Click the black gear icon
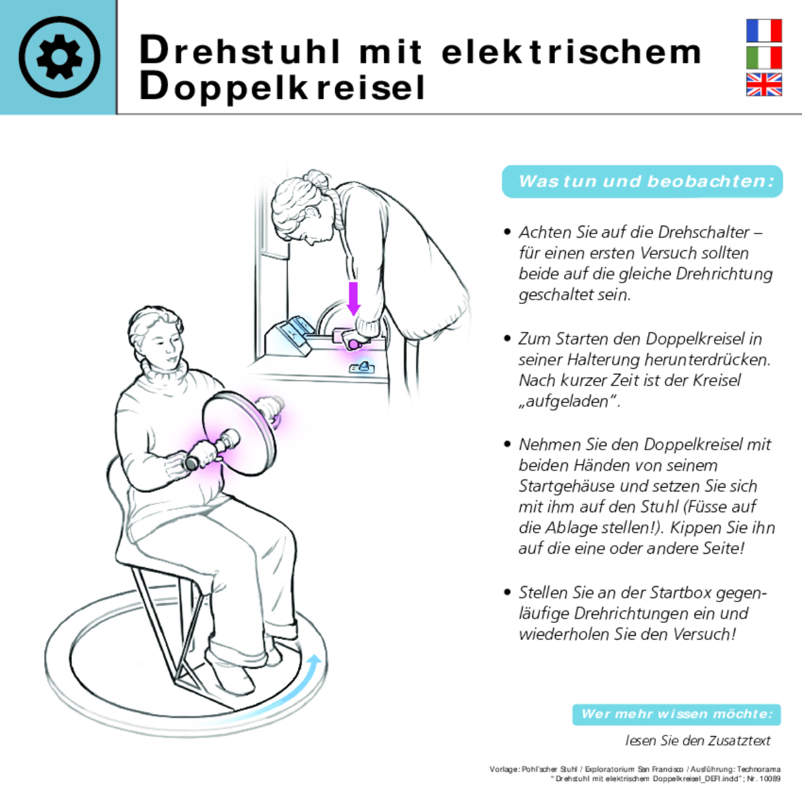tap(60, 57)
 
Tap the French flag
tap(764, 31)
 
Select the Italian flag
tap(764, 58)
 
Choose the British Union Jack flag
tap(764, 85)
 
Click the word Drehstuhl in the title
tap(240, 51)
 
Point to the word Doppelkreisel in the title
tap(282, 88)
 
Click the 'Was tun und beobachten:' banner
tap(642, 182)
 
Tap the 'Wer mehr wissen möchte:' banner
tap(677, 714)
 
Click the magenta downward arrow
tap(353, 298)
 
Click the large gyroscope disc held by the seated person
tap(239, 433)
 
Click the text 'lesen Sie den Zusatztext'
tap(698, 741)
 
